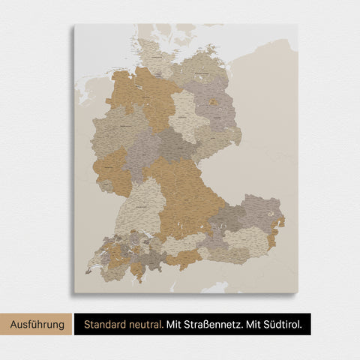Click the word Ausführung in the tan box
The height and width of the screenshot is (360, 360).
click(37, 324)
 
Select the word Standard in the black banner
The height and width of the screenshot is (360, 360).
click(105, 324)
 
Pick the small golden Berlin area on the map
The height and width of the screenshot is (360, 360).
click(214, 102)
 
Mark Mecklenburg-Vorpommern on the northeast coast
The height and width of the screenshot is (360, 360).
click(199, 67)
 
